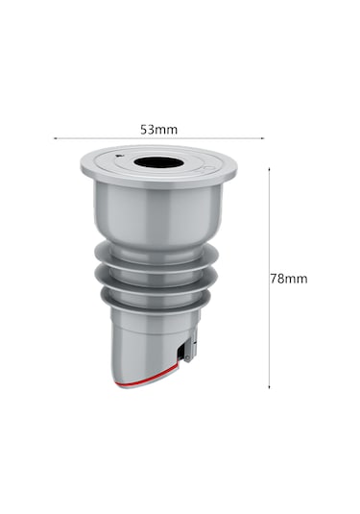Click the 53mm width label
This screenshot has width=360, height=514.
158,130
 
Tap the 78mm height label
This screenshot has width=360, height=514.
289,279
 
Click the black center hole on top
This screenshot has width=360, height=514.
158,162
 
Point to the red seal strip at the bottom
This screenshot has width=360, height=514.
147,378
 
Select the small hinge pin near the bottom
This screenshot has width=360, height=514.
186,357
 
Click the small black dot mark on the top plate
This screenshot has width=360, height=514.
118,156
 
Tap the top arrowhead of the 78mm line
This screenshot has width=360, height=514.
269,168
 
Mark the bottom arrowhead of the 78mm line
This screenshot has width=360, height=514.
269,387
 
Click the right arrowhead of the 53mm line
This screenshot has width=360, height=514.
262,138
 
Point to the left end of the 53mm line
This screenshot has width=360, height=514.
54,138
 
